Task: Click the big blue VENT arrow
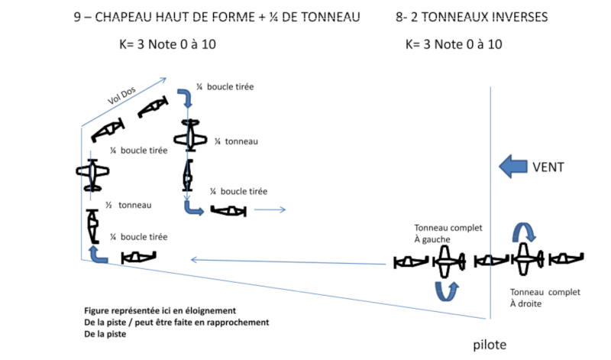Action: point(512,167)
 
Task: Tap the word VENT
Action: point(548,167)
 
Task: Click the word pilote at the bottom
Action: point(490,345)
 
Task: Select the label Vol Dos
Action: point(121,96)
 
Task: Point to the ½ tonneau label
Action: point(128,205)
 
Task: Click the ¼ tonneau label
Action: point(236,141)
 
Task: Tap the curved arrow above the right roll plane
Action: point(524,232)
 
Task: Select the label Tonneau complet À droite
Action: point(545,297)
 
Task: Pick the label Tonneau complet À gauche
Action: point(448,233)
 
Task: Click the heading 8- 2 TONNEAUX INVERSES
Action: point(471,17)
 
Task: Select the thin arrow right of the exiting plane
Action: point(270,210)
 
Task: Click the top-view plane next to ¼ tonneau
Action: point(190,135)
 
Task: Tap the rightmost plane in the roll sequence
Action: point(566,258)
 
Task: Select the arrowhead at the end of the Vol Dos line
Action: point(163,81)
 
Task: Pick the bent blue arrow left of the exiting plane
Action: point(192,209)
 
